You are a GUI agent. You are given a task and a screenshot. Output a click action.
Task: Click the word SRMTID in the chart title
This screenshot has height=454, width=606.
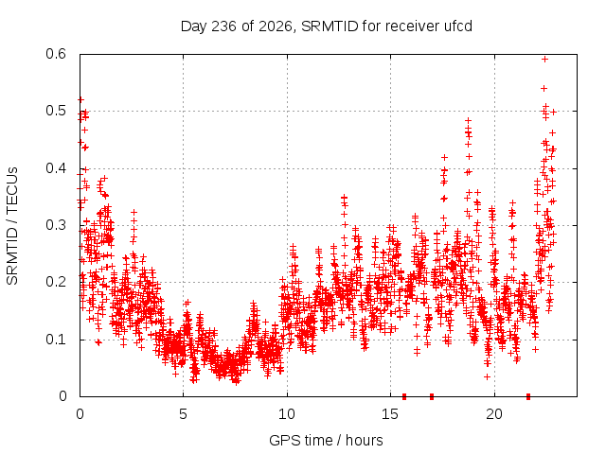coord(330,26)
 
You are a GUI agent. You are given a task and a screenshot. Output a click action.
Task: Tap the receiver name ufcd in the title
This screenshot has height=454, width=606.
coord(458,26)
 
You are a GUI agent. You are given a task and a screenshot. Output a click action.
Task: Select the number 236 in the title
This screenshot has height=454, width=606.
coord(224,26)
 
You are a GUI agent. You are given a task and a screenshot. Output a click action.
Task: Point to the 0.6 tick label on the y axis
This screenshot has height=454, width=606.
coord(56,54)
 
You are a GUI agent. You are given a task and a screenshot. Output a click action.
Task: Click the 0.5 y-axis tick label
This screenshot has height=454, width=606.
coord(56,111)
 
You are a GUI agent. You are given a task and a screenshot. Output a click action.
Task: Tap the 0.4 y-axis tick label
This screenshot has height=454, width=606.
coord(56,168)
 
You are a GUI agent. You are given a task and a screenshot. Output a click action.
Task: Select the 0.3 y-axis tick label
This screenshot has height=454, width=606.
coord(56,225)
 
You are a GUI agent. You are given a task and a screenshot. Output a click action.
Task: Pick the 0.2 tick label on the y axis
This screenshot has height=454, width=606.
coord(56,282)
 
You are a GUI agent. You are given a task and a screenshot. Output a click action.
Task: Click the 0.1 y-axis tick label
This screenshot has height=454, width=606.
coord(56,340)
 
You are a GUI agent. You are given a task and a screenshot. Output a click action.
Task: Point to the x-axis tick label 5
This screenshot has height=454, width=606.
coord(183,414)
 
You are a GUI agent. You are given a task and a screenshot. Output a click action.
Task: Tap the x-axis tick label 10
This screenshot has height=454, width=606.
coord(287,414)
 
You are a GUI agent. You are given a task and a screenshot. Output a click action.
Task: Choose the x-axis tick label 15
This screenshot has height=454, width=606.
coord(390,414)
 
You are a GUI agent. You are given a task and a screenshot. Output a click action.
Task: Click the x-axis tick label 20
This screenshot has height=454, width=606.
coord(494,414)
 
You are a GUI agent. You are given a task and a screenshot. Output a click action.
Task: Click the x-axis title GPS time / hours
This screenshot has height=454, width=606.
coord(326,440)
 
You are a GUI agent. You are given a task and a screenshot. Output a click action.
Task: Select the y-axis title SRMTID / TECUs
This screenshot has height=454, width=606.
coord(12,226)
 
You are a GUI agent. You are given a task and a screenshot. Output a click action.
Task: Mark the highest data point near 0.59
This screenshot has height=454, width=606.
coord(545,59)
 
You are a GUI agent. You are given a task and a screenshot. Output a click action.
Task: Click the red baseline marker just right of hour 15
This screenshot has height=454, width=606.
coord(404,396)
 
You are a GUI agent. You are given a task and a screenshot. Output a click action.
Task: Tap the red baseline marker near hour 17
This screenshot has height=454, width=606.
coord(432,396)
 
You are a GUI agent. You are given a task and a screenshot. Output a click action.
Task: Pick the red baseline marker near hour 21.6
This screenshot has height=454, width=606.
coord(528,396)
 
